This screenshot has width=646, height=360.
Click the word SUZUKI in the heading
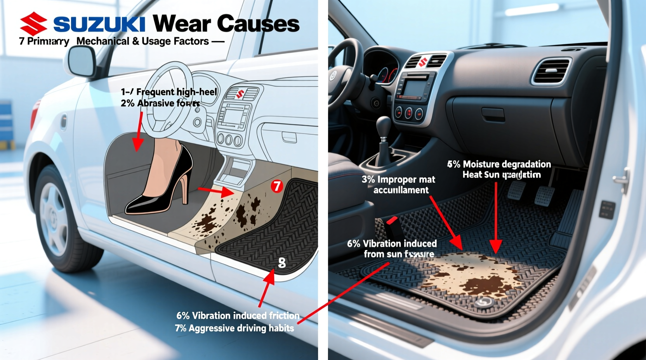click(x=99, y=24)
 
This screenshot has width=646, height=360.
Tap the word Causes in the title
click(x=258, y=24)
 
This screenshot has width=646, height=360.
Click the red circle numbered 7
click(x=276, y=186)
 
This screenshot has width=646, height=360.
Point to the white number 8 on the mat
click(x=282, y=263)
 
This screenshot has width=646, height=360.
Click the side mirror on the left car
click(x=82, y=62)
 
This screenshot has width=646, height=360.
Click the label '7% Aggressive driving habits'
click(x=234, y=328)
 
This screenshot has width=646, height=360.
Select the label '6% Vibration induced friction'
click(x=238, y=315)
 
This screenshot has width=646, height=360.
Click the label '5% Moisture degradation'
click(x=499, y=164)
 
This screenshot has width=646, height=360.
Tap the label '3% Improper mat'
click(x=398, y=180)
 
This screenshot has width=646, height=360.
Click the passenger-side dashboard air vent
click(x=551, y=71)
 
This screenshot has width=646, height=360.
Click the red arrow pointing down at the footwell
click(x=138, y=132)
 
